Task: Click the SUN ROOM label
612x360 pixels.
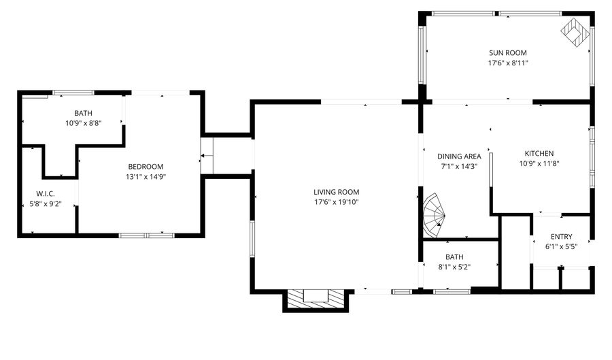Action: (x=508, y=52)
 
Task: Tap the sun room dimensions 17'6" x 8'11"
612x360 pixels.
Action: (x=508, y=63)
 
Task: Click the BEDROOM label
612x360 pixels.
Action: (x=146, y=167)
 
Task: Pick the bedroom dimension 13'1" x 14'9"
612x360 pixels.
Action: (x=146, y=177)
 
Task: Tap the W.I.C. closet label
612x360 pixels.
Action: (x=46, y=194)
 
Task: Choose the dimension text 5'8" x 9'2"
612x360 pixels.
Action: (x=46, y=204)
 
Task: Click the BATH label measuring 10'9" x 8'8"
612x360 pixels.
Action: (x=84, y=113)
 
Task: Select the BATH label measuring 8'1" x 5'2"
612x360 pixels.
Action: (x=454, y=257)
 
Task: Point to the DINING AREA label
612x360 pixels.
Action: (x=459, y=157)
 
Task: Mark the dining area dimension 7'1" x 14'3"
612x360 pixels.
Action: (x=459, y=167)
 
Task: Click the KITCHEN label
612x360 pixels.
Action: (x=539, y=153)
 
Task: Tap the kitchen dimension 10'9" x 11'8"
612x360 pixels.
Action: (x=539, y=163)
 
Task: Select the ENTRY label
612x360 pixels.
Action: (x=561, y=237)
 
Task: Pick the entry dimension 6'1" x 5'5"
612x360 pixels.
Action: (x=561, y=247)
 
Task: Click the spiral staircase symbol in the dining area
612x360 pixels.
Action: (x=433, y=213)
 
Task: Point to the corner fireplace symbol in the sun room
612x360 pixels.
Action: (x=575, y=31)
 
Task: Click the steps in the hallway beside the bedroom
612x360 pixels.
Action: (x=207, y=157)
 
